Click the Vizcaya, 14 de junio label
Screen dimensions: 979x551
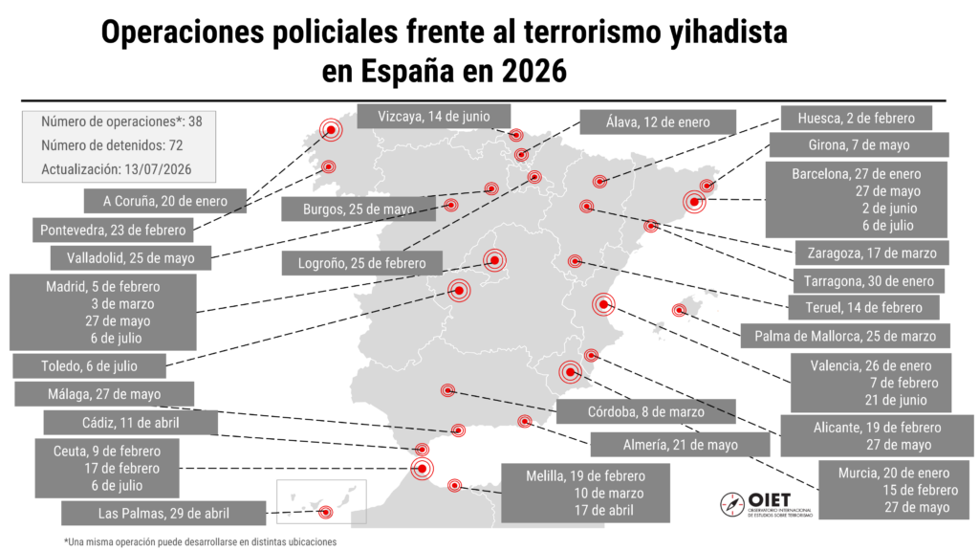point(433,116)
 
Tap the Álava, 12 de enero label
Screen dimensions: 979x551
point(658,121)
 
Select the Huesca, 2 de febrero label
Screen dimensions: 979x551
point(856,118)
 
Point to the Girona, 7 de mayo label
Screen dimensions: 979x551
point(859,145)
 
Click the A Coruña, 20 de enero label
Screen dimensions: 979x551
point(165,201)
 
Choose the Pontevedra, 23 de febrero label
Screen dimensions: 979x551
point(113,230)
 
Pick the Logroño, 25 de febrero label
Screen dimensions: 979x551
point(361,263)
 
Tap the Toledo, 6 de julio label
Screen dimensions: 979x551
point(89,366)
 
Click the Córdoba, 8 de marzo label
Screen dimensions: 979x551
point(645,411)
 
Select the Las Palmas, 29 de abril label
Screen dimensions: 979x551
point(163,514)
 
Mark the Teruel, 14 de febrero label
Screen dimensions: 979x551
point(863,307)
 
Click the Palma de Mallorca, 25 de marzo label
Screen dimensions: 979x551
point(845,336)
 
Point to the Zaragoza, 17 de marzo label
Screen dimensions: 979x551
point(872,253)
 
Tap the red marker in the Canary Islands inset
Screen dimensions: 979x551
point(325,513)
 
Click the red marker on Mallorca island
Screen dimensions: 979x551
point(679,310)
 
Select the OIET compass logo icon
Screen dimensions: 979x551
point(731,504)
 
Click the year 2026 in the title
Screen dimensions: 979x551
point(533,71)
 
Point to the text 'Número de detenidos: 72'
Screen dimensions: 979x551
point(112,145)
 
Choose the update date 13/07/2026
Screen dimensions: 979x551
point(158,169)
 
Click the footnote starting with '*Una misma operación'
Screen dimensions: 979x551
point(201,541)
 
